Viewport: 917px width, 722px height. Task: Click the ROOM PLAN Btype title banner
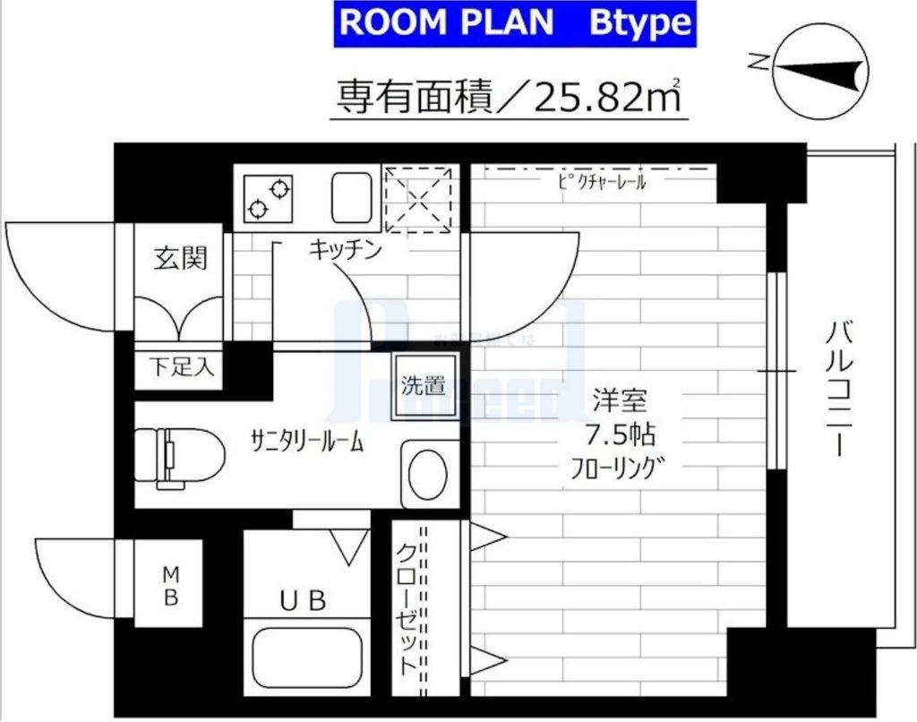514,24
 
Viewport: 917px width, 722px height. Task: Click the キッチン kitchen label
345,249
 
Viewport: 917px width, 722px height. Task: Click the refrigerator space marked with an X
418,198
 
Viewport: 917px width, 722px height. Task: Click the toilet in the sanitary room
179,458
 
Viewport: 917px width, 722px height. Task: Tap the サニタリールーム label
307,441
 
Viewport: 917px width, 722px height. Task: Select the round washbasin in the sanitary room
429,472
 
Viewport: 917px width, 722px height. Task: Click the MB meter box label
170,584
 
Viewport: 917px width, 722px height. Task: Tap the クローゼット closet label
407,609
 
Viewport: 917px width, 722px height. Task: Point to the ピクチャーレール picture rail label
601,182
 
